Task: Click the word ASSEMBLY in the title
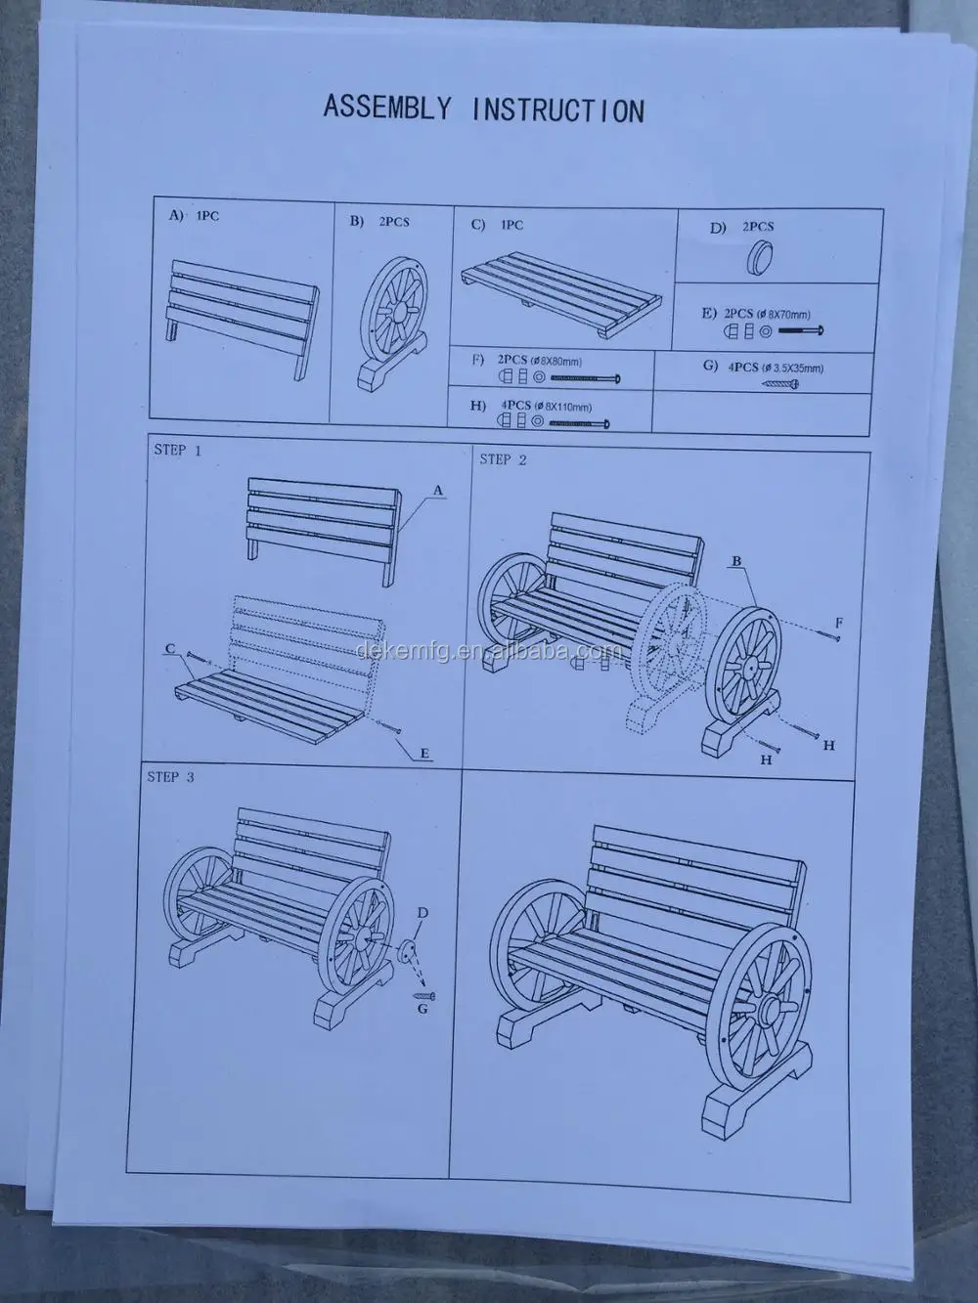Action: [x=387, y=108]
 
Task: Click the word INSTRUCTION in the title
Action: [x=558, y=110]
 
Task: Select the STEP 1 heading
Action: [x=178, y=451]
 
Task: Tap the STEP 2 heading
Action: [x=503, y=459]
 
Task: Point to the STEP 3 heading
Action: [x=170, y=777]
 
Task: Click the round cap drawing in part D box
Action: [x=759, y=259]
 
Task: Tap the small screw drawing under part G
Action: [x=779, y=385]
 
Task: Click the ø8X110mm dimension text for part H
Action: [x=563, y=407]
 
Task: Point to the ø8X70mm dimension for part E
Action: [x=782, y=314]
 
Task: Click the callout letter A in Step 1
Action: [x=438, y=491]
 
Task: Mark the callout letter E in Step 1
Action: [x=424, y=754]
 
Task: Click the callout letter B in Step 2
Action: [x=736, y=560]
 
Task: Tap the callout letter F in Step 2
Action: [x=839, y=623]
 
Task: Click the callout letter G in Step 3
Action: [x=422, y=1008]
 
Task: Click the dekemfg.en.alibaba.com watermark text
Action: [x=489, y=651]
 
